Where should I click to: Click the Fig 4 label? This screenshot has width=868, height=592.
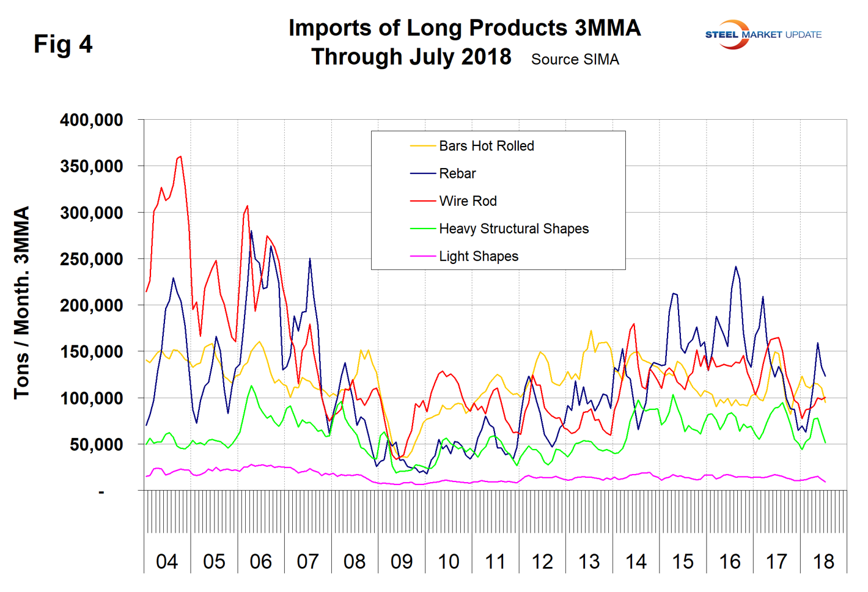[63, 44]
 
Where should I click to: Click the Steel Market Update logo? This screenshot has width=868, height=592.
[763, 34]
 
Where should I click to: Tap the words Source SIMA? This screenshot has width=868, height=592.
[575, 59]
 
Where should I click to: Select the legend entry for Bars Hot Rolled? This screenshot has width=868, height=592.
[486, 146]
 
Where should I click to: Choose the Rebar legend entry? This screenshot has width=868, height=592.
[457, 174]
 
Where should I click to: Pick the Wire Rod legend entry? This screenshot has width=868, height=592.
[467, 201]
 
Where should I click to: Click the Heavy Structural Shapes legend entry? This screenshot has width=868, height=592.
[513, 228]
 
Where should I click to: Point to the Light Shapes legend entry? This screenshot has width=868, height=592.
[478, 256]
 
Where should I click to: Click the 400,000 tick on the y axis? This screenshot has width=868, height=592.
[92, 120]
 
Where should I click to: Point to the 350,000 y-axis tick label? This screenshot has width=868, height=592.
[92, 166]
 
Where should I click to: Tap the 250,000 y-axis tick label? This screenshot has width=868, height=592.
[92, 259]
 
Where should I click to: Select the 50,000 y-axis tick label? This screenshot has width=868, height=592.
[96, 445]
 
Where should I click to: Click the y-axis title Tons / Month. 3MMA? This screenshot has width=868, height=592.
[22, 302]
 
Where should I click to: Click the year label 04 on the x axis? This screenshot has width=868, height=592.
[167, 561]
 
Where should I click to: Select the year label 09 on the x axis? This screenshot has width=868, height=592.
[402, 561]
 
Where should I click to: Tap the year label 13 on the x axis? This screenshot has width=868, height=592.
[589, 561]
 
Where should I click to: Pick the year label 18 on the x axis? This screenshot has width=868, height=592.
[823, 561]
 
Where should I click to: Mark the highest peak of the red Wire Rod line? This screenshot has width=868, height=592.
[180, 156]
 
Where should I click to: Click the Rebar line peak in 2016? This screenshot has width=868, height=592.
[735, 266]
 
